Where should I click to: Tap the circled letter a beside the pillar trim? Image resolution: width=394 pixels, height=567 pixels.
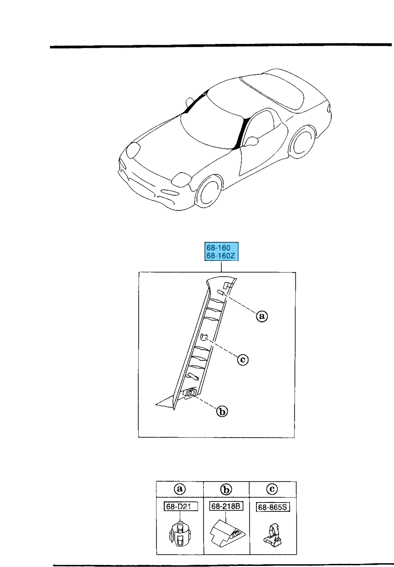pos(262,316)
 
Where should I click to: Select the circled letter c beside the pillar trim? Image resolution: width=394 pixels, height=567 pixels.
pos(243,360)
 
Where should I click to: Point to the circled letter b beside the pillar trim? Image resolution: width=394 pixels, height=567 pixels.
pos(222,411)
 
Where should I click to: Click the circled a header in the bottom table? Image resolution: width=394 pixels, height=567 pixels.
pos(180,489)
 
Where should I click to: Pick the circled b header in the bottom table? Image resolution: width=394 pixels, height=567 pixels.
pos(226,489)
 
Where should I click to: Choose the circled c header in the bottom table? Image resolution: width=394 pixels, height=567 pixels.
pos(272,489)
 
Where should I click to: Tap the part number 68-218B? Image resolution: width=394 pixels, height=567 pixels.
pos(226,506)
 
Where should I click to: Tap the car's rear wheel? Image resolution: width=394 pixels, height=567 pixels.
pos(303,144)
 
